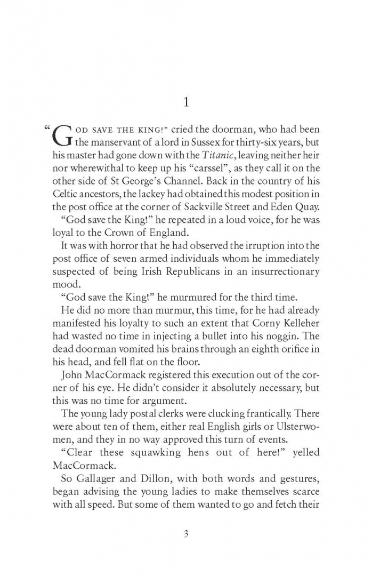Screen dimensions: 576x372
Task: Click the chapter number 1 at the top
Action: click(x=186, y=102)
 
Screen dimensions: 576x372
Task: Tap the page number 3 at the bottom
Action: click(x=186, y=534)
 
